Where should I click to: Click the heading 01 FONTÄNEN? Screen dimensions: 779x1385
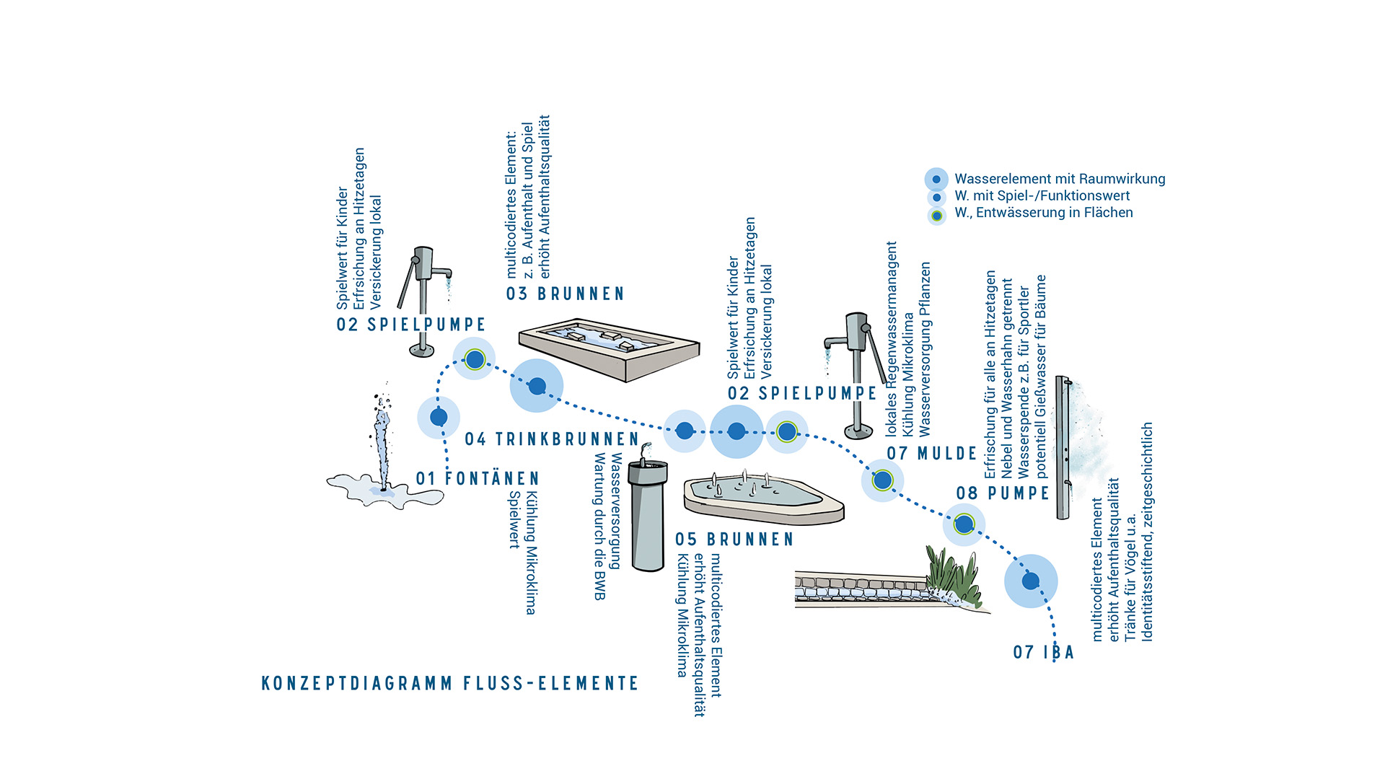coord(478,479)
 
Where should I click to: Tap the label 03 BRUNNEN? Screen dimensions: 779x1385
coord(565,294)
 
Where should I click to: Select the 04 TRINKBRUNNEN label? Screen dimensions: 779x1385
coord(552,439)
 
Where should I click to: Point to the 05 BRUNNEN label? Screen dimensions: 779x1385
coord(734,540)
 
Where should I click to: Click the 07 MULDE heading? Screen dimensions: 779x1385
coord(931,454)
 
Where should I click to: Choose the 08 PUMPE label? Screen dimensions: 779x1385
coord(1003,493)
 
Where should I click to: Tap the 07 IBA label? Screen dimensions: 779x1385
coord(1043,653)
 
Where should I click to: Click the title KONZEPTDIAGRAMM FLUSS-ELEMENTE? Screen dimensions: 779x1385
coord(450,684)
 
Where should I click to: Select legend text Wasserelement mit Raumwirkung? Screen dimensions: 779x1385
coord(1059,179)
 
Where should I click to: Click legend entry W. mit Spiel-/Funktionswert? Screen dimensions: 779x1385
coord(1042,196)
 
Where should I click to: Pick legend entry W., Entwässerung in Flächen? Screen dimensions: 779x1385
coord(1043,213)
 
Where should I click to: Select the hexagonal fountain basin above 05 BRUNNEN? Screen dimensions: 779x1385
coord(762,497)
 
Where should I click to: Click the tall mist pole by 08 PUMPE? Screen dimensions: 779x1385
coord(1063,447)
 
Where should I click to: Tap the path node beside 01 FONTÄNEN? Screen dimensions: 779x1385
coord(439,417)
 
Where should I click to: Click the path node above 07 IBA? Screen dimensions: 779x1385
coord(1031,581)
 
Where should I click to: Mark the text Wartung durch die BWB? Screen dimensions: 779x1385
coord(599,527)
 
